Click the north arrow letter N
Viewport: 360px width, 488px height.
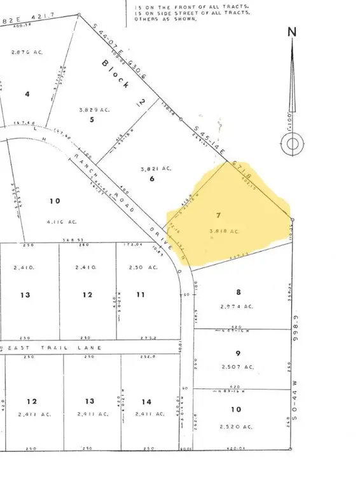(292, 32)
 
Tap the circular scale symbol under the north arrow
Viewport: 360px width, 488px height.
(292, 144)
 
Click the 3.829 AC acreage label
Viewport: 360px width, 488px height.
(95, 109)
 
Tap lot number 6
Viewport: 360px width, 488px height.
(152, 179)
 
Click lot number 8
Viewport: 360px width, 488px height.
(239, 292)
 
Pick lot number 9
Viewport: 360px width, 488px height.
(238, 353)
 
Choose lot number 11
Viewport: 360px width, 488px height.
(141, 295)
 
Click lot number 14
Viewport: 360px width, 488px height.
(147, 401)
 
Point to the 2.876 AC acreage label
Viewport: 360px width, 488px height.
(27, 52)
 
